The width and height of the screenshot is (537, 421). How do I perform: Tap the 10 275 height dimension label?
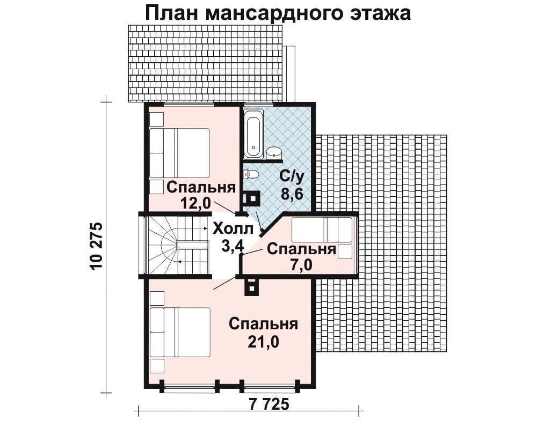(97, 247)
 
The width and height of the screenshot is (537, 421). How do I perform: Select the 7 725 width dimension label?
(269, 404)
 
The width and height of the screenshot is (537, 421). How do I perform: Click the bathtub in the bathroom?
(253, 134)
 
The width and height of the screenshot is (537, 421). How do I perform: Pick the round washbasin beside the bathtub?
(273, 152)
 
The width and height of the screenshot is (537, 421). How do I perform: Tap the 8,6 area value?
(292, 194)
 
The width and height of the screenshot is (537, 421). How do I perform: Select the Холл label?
(233, 228)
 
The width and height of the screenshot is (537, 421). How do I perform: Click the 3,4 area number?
(233, 245)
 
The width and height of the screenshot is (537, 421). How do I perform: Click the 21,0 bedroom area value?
(264, 341)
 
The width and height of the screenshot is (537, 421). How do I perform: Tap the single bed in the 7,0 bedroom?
(322, 230)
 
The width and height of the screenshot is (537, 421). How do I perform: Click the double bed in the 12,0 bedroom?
(180, 153)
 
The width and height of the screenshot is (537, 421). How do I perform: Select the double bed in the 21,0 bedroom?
(180, 332)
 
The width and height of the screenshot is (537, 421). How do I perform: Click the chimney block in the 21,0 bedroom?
(252, 286)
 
